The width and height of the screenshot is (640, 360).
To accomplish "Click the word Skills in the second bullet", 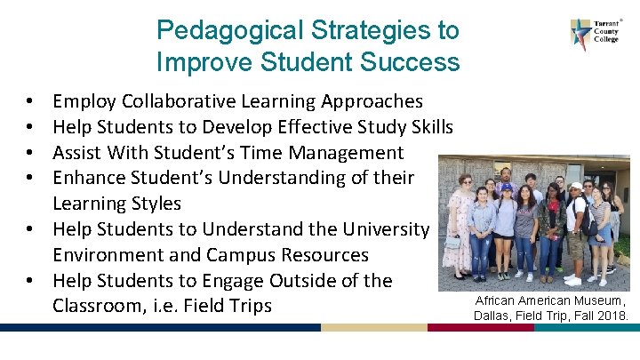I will click(429, 127).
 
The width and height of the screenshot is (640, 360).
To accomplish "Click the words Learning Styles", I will click(117, 204).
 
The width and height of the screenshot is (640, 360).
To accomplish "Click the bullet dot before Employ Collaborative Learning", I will click(30, 101).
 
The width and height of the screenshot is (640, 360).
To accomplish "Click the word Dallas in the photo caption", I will click(493, 316).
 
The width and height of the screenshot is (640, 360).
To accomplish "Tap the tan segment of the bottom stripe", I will click(373, 327).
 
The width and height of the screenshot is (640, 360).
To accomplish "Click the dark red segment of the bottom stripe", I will click(480, 327).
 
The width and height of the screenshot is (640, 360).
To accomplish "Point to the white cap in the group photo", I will click(575, 187).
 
